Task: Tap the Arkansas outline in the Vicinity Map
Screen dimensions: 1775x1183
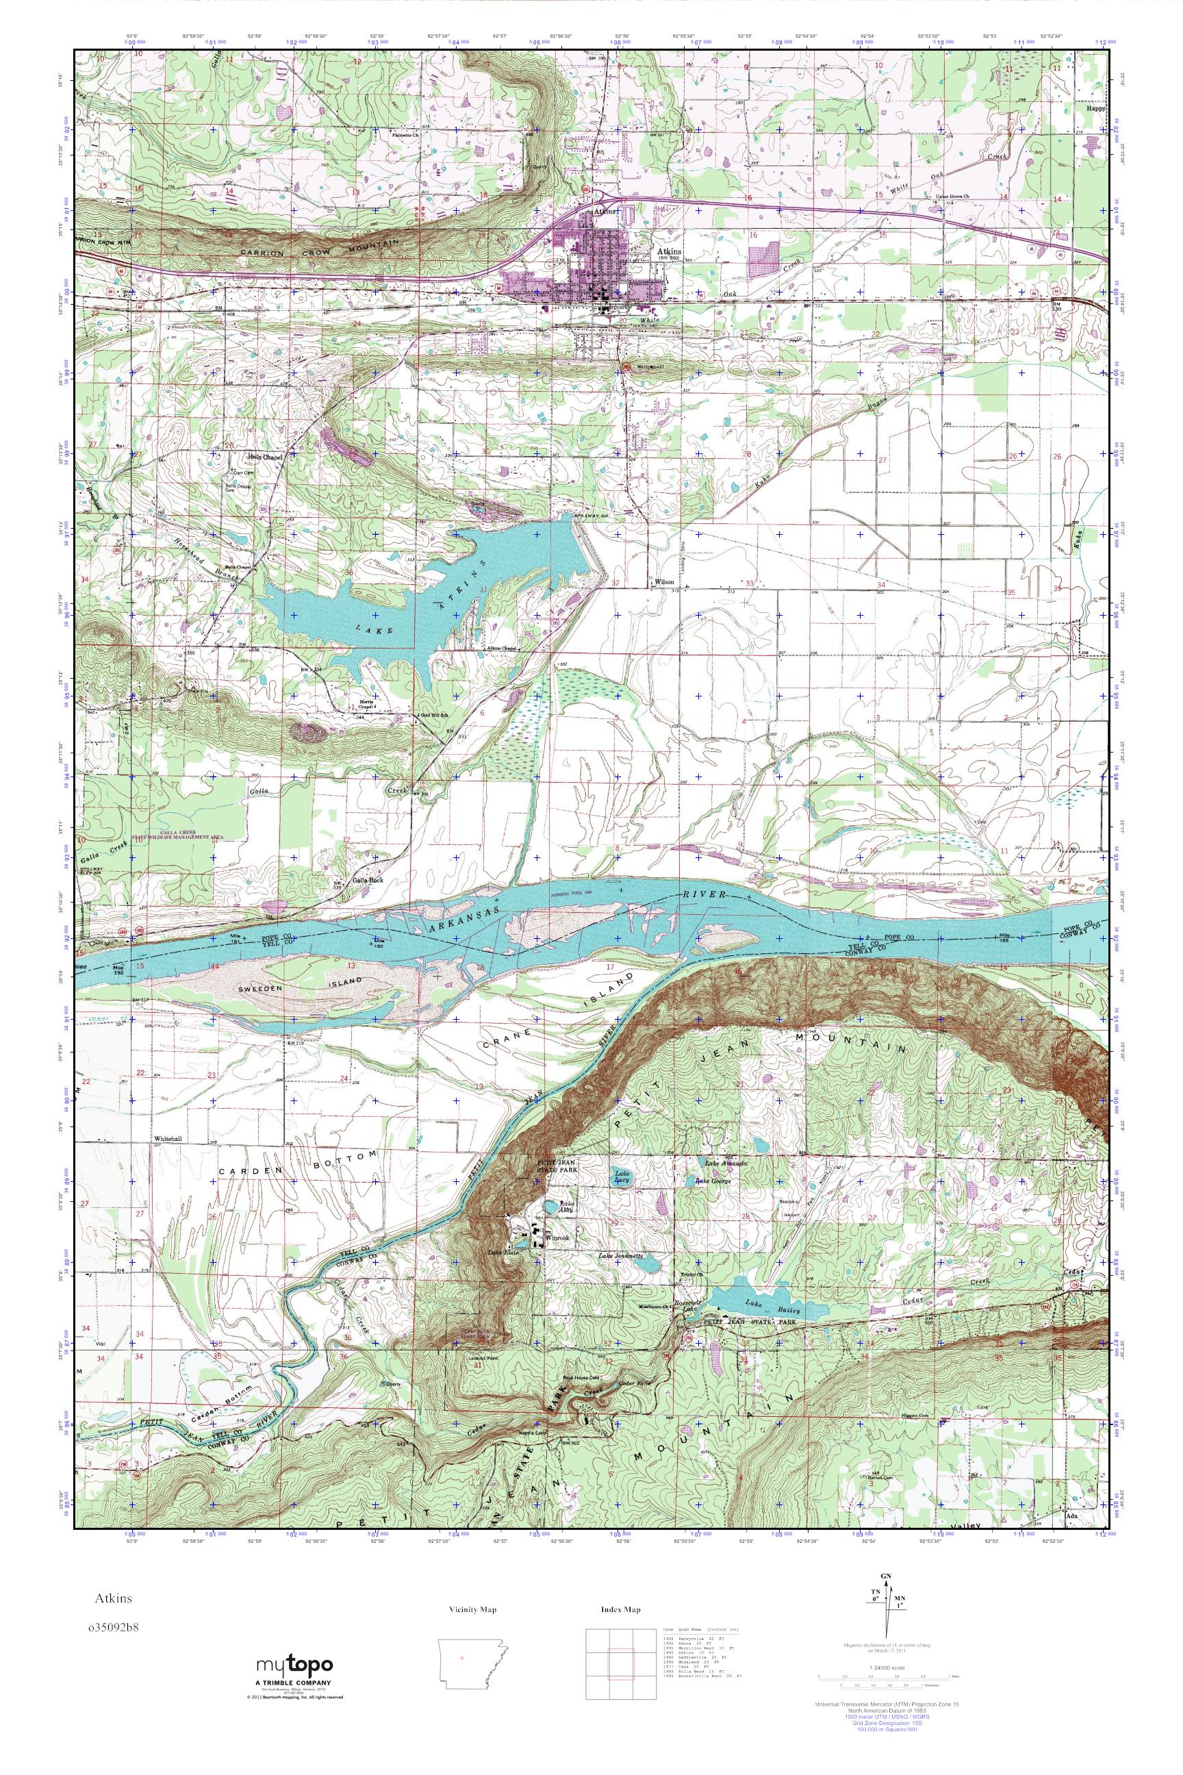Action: pos(472,1660)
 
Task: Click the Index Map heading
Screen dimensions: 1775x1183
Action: pos(620,1610)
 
